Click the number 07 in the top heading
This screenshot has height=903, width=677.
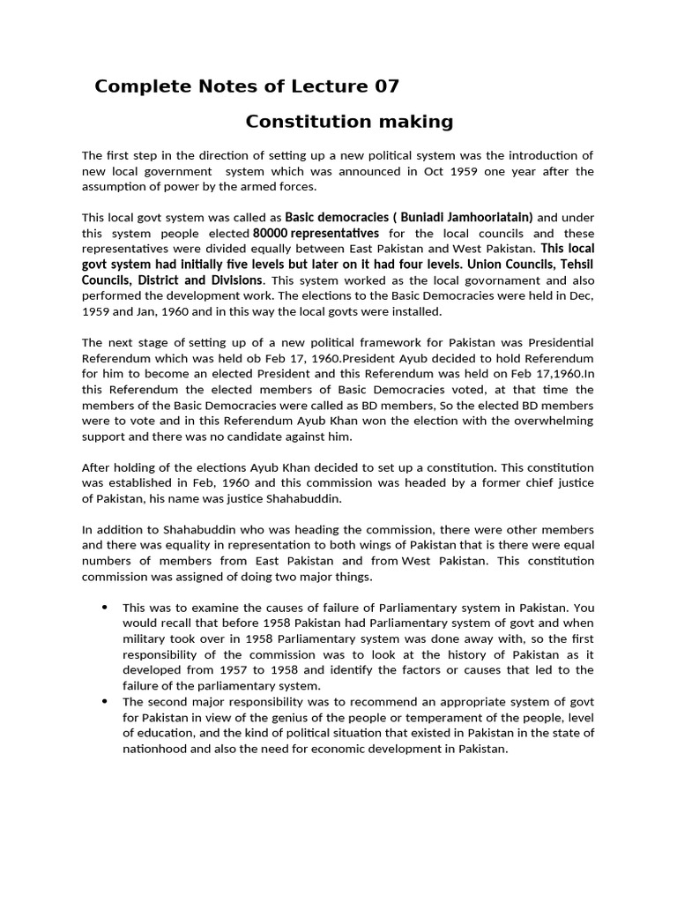click(x=385, y=86)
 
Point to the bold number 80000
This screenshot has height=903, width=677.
click(x=271, y=234)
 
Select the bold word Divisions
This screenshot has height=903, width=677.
click(x=227, y=280)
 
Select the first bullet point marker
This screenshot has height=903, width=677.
click(x=104, y=608)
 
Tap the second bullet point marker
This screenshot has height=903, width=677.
click(x=104, y=702)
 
